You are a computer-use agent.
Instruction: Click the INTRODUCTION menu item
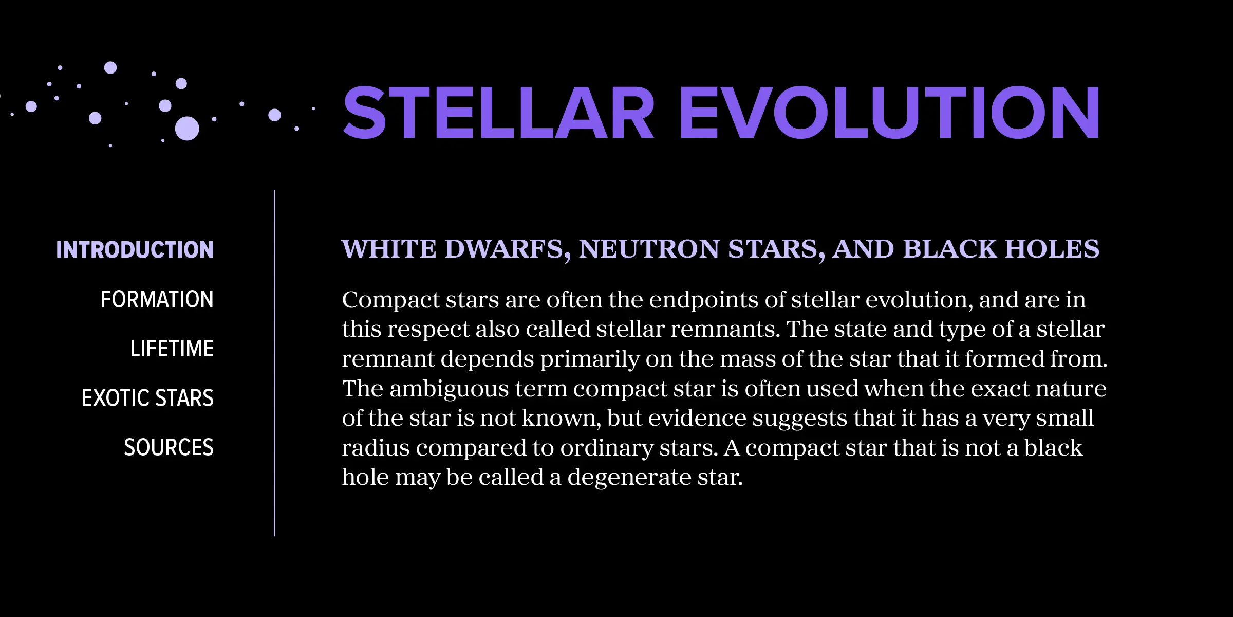point(135,250)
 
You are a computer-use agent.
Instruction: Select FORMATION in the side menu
point(157,299)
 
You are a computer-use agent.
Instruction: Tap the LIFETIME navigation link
point(172,349)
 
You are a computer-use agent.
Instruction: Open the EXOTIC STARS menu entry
point(147,398)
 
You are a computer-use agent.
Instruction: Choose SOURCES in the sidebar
point(169,447)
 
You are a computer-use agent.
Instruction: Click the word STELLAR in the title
point(499,113)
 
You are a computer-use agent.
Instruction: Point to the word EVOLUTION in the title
point(890,113)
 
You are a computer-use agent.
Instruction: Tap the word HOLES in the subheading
point(1053,249)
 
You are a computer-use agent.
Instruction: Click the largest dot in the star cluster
point(187,129)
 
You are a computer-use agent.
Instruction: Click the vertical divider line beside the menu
point(275,363)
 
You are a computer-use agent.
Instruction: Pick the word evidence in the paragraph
point(697,419)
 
